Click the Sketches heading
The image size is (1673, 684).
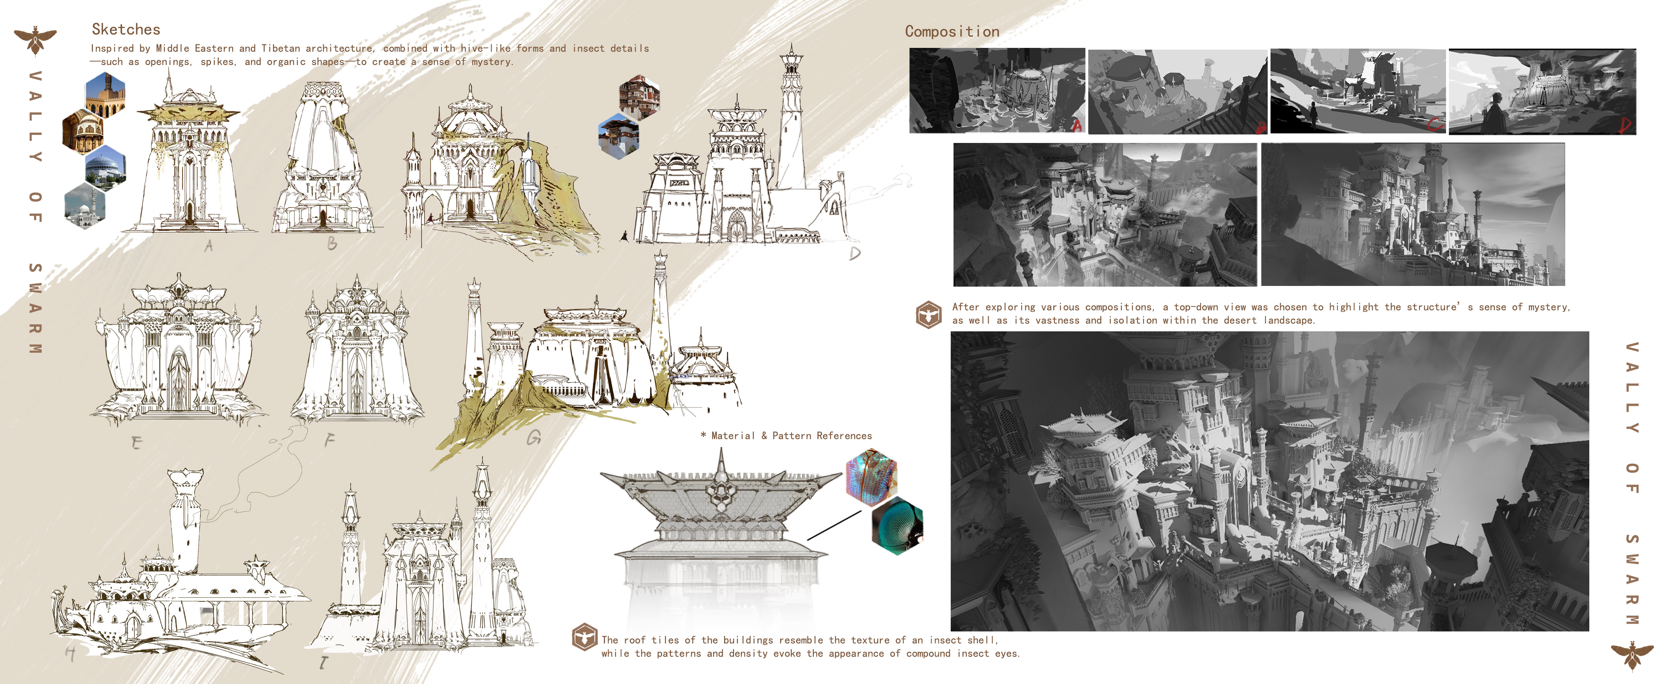pos(126,29)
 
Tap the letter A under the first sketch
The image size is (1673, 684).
pos(209,246)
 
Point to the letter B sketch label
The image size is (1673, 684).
pos(332,244)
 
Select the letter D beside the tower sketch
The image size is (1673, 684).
pos(855,253)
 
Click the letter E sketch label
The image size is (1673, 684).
pos(136,443)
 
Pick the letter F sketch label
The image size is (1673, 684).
pos(329,440)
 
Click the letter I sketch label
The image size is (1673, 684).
pos(323,662)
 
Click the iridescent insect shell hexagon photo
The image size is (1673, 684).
pos(872,478)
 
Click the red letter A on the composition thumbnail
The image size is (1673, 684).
pos(1077,125)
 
